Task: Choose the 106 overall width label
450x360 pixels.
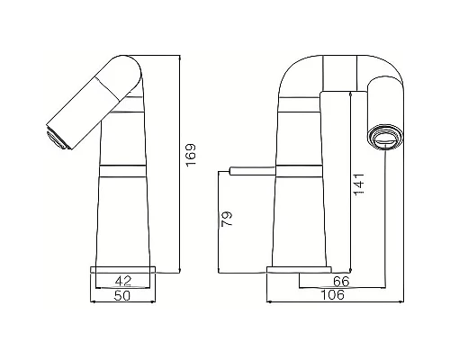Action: [334, 294]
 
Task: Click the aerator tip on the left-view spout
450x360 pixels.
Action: [55, 137]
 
